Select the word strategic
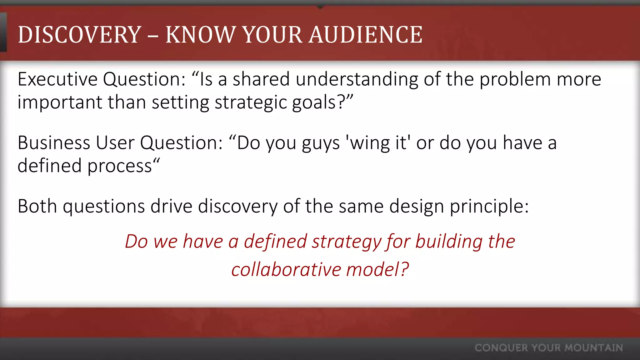[x=250, y=102]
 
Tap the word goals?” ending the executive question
[x=322, y=102]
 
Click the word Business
[x=54, y=143]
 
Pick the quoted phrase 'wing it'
[x=377, y=143]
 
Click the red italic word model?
[x=377, y=269]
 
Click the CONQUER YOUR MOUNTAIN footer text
[x=549, y=348]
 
